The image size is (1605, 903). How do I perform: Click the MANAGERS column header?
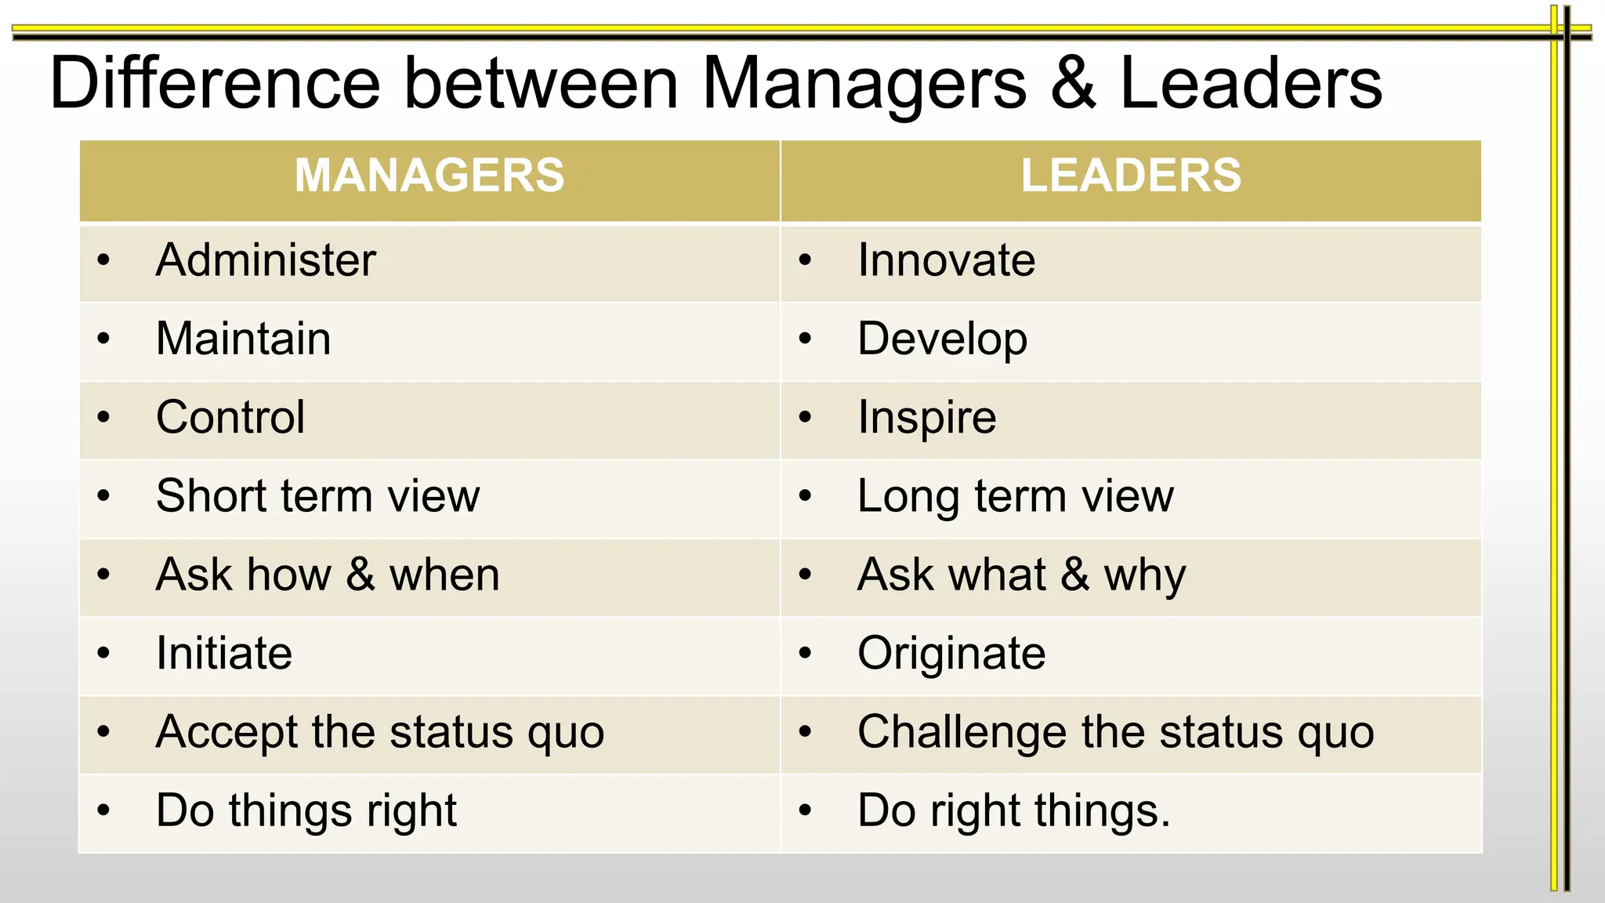pyautogui.click(x=429, y=175)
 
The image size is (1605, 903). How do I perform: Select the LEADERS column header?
pyautogui.click(x=1131, y=175)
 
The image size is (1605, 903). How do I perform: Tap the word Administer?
pyautogui.click(x=266, y=260)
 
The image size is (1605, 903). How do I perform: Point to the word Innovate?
pyautogui.click(x=946, y=260)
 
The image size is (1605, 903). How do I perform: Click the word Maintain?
pyautogui.click(x=243, y=339)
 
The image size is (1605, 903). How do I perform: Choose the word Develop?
pyautogui.click(x=942, y=339)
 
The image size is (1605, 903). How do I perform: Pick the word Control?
pyautogui.click(x=230, y=417)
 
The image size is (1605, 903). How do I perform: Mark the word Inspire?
pyautogui.click(x=926, y=418)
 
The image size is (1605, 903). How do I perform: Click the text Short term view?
pyautogui.click(x=317, y=496)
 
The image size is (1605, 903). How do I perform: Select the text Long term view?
pyautogui.click(x=1016, y=496)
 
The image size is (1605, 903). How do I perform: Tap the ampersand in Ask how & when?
pyautogui.click(x=360, y=575)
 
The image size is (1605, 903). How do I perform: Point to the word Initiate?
pyautogui.click(x=224, y=653)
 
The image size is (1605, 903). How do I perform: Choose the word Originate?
pyautogui.click(x=951, y=654)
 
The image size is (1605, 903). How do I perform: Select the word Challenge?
pyautogui.click(x=962, y=733)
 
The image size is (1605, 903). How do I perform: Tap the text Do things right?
pyautogui.click(x=306, y=811)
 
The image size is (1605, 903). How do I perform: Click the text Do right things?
pyautogui.click(x=1013, y=811)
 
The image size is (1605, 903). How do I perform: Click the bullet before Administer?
pyautogui.click(x=103, y=260)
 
